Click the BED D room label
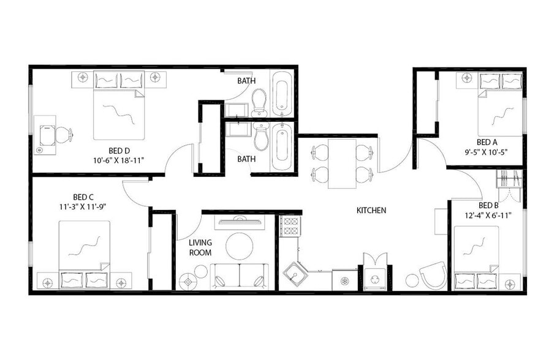[119, 151]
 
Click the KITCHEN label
[371, 211]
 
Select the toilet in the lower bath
[261, 137]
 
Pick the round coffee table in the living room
[239, 247]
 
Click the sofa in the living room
[239, 276]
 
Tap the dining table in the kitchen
[343, 163]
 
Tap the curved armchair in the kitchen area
[433, 275]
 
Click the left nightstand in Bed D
[83, 78]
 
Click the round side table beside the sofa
[188, 280]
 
